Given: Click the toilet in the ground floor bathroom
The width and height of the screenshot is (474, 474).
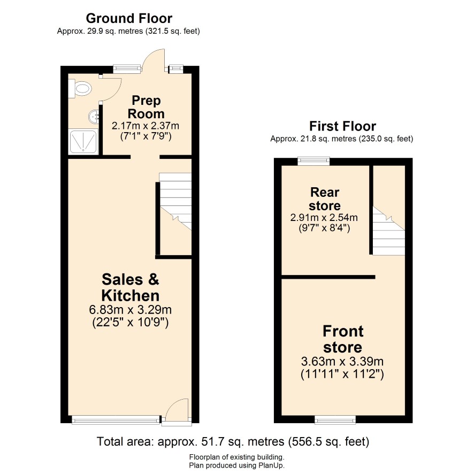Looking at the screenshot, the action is click(80, 89).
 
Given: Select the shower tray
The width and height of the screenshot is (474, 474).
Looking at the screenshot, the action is click(83, 141).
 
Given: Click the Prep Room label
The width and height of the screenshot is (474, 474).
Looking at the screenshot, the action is click(146, 107).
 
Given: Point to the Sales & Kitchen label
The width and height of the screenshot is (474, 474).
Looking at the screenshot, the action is click(131, 287).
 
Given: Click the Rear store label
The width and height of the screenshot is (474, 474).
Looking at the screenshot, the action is click(325, 199).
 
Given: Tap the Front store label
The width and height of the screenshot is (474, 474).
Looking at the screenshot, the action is click(343, 339).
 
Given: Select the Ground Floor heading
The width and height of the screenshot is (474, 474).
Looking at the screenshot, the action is click(129, 18).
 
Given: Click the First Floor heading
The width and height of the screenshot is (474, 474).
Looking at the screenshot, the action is click(342, 126).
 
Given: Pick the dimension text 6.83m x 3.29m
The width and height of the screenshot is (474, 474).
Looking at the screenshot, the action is click(131, 310).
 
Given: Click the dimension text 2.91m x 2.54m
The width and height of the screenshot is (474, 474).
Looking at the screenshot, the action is click(324, 217).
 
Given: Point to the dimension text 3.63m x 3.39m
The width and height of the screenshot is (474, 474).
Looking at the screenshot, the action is click(342, 361).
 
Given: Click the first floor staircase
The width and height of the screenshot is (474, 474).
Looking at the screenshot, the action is click(388, 231).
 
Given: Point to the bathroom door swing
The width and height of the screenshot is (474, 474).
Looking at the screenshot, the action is click(111, 89).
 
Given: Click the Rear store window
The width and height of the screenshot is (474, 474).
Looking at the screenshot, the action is click(314, 161).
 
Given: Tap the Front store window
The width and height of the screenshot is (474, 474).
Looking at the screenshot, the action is click(335, 419).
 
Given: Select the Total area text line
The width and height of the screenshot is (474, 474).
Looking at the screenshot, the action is click(233, 442).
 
